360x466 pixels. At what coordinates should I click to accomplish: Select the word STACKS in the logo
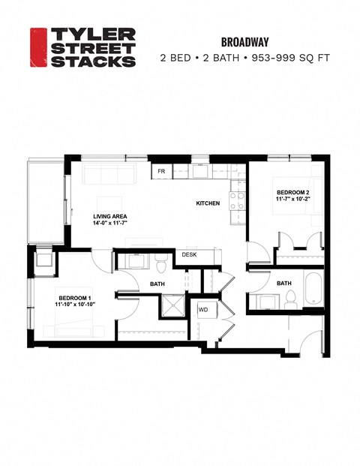(x=92, y=61)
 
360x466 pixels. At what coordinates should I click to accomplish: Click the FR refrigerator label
(x=160, y=171)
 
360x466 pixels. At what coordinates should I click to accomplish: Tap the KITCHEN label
(x=208, y=204)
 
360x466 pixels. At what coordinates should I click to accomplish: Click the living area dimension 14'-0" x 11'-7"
(x=110, y=223)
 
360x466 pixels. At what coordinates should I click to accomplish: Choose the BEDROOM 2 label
(x=292, y=193)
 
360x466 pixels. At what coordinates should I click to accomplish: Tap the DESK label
(x=189, y=255)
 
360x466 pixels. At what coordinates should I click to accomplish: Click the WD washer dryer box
(x=202, y=309)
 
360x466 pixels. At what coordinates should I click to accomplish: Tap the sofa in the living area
(x=109, y=174)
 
